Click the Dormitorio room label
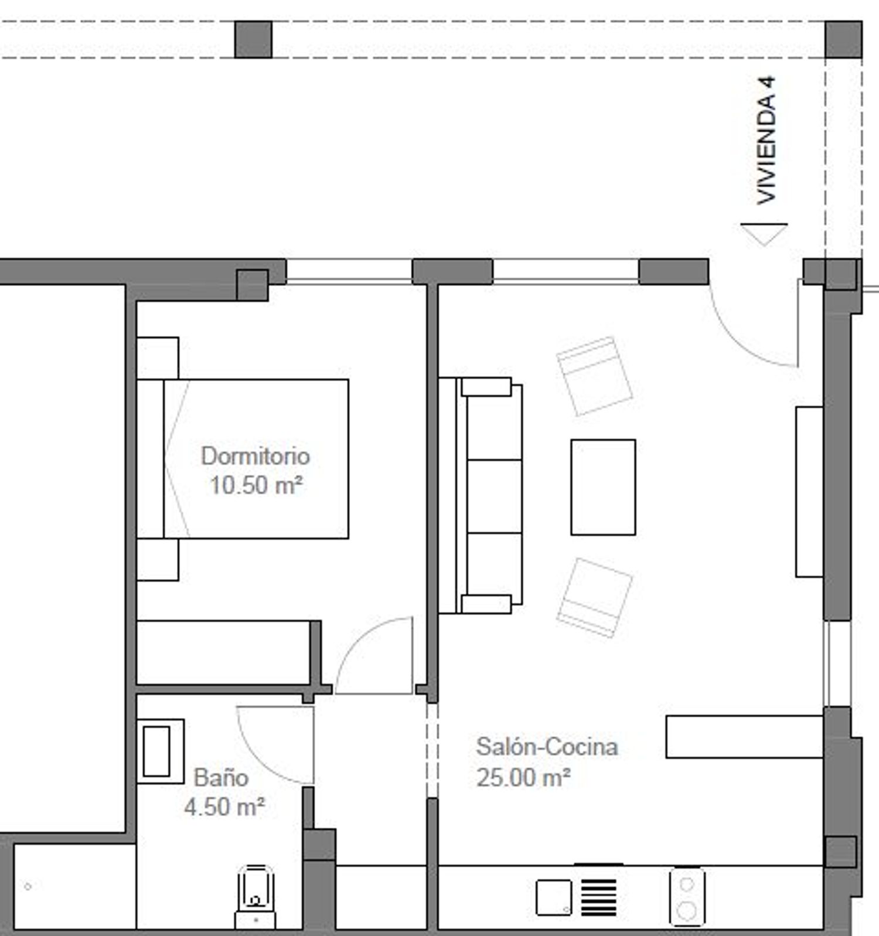(255, 456)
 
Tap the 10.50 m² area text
(256, 485)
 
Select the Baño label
(221, 778)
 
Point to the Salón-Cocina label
(547, 747)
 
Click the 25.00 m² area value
(523, 778)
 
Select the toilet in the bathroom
(255, 897)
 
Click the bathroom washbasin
(160, 751)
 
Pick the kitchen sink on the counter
(554, 897)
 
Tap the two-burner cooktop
(687, 897)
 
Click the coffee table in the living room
(603, 487)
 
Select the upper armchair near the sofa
(594, 376)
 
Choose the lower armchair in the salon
(594, 598)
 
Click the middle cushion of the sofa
(494, 496)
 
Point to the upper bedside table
(158, 358)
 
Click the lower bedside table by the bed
(158, 560)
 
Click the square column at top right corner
(843, 39)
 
